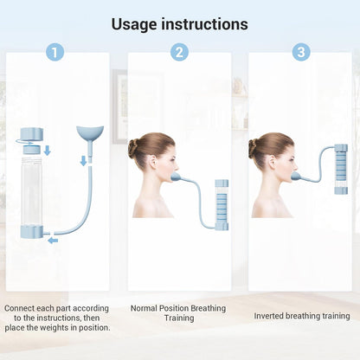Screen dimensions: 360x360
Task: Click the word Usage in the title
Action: point(134,25)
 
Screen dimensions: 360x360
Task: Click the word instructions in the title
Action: point(204,24)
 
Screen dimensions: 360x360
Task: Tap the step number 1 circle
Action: point(55,52)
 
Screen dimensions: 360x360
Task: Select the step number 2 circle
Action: point(179,52)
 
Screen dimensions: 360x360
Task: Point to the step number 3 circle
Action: point(301,52)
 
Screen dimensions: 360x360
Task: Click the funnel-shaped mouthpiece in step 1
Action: point(90,133)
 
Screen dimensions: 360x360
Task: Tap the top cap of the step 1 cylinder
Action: point(32,133)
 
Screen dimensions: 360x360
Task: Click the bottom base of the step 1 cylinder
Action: point(32,232)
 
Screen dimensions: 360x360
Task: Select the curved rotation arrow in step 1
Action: point(24,142)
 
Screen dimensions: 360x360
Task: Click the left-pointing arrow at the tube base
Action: point(53,241)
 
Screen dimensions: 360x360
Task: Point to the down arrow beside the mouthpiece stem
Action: point(83,161)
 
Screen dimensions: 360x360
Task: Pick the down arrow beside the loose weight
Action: point(48,151)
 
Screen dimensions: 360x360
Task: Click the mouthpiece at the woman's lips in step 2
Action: point(176,177)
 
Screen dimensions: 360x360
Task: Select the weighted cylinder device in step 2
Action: point(222,204)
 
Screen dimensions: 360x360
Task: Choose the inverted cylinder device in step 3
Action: point(341,169)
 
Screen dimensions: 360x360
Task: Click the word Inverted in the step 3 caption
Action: point(268,316)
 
